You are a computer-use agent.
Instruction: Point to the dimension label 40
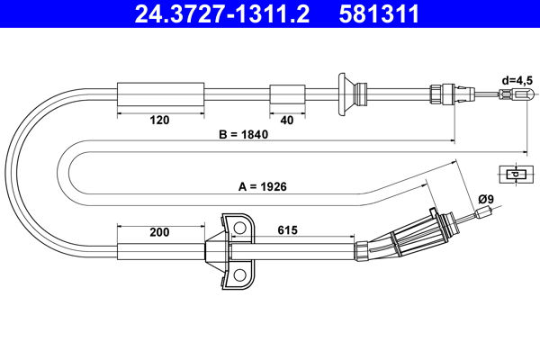[286, 118]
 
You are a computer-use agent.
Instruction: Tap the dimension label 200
[159, 232]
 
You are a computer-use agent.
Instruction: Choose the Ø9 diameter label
[486, 199]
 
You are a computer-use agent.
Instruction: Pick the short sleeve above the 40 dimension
[286, 94]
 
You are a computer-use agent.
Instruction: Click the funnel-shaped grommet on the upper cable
[346, 94]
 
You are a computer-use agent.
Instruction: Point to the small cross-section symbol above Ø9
[514, 175]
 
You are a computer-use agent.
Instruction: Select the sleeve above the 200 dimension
[162, 251]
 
